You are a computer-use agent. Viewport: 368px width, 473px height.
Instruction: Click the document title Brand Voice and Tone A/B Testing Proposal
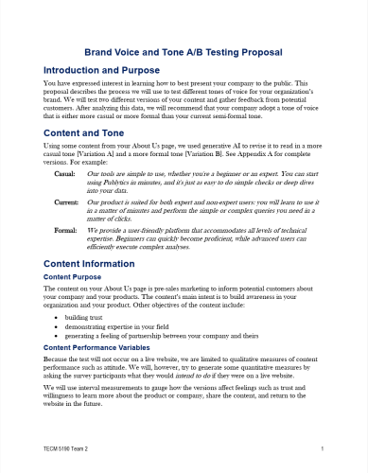(184, 55)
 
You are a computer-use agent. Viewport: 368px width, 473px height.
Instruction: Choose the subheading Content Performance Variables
(103, 349)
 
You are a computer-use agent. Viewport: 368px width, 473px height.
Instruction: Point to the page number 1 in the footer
(323, 447)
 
